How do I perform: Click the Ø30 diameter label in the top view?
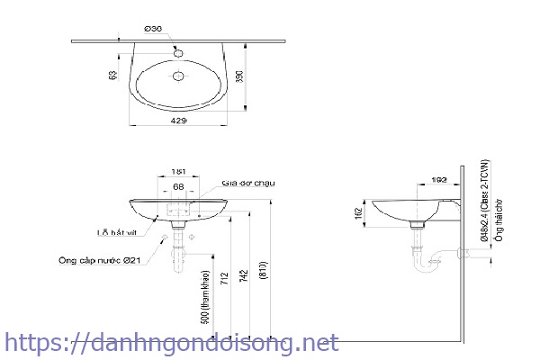point(154,30)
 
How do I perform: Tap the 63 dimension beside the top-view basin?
point(113,77)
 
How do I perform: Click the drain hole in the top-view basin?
point(178,76)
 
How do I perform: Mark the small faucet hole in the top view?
point(178,51)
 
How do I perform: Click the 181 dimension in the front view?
point(178,169)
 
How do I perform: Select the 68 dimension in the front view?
point(179,186)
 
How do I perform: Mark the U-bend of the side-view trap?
point(426,266)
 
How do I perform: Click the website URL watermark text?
point(172,343)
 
